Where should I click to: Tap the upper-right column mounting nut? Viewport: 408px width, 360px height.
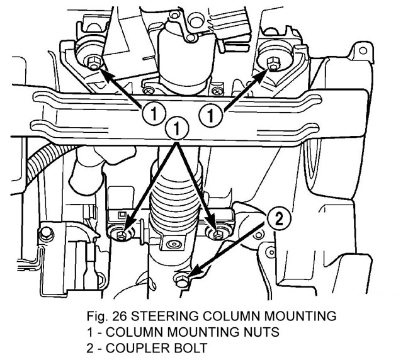(x=273, y=62)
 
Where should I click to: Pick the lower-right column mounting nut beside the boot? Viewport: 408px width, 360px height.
(x=218, y=235)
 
